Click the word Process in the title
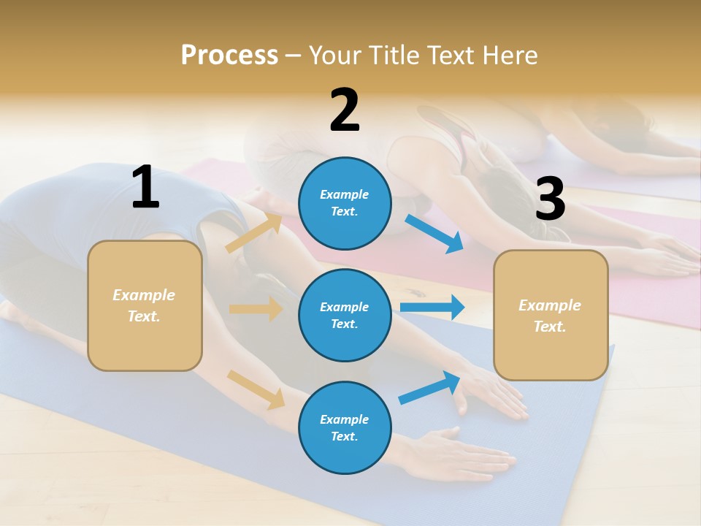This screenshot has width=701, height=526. pyautogui.click(x=229, y=56)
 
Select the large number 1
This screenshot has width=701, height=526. pyautogui.click(x=145, y=187)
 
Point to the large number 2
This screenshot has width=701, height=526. pyautogui.click(x=345, y=110)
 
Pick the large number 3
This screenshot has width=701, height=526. pyautogui.click(x=550, y=199)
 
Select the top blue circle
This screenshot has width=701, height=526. pyautogui.click(x=345, y=203)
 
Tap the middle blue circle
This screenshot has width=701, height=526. pyautogui.click(x=345, y=315)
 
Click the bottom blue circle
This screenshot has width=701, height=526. pyautogui.click(x=345, y=427)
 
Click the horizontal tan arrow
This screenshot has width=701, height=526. pyautogui.click(x=256, y=309)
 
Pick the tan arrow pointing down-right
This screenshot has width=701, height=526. pyautogui.click(x=256, y=389)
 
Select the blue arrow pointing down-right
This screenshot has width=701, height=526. pyautogui.click(x=434, y=234)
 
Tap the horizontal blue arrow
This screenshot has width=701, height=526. pyautogui.click(x=432, y=307)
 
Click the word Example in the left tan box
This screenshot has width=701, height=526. pyautogui.click(x=144, y=295)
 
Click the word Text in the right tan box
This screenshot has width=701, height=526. pyautogui.click(x=549, y=327)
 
